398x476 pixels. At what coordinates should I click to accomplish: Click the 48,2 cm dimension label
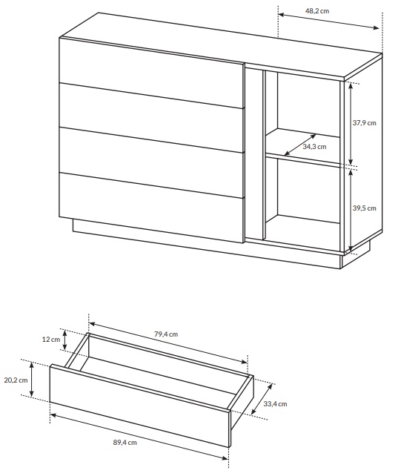pos(317,11)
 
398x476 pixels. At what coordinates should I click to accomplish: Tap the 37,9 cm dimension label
pos(364,123)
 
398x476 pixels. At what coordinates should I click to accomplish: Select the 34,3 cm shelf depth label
pos(314,147)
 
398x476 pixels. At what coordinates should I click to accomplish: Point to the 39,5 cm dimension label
pos(364,208)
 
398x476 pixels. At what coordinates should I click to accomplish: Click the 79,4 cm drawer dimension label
pos(166,334)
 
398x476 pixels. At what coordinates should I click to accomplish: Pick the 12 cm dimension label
pos(51,340)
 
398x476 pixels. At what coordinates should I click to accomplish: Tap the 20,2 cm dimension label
pos(16,380)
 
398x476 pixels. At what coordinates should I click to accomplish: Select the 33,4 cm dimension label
pos(275,404)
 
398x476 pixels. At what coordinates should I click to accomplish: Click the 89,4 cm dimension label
pos(125,443)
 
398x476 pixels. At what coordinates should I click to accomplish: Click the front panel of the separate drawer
pos(139,406)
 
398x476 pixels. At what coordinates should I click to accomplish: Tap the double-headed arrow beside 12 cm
pos(65,339)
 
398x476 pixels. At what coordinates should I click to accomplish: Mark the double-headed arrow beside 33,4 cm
pos(261,398)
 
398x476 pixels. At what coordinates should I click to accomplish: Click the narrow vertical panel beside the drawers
pos(254,152)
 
